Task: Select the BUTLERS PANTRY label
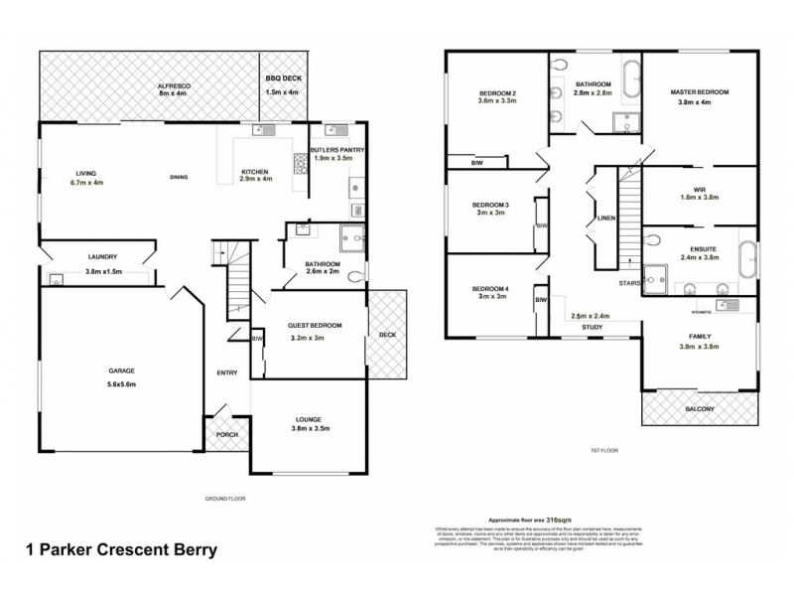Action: click(339, 149)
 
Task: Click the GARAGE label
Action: click(122, 372)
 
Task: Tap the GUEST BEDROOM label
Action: click(315, 326)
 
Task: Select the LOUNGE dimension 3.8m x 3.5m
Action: click(314, 428)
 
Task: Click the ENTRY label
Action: click(227, 373)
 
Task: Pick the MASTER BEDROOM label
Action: click(703, 91)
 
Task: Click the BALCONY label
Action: click(700, 408)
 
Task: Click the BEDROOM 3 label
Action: click(492, 205)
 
